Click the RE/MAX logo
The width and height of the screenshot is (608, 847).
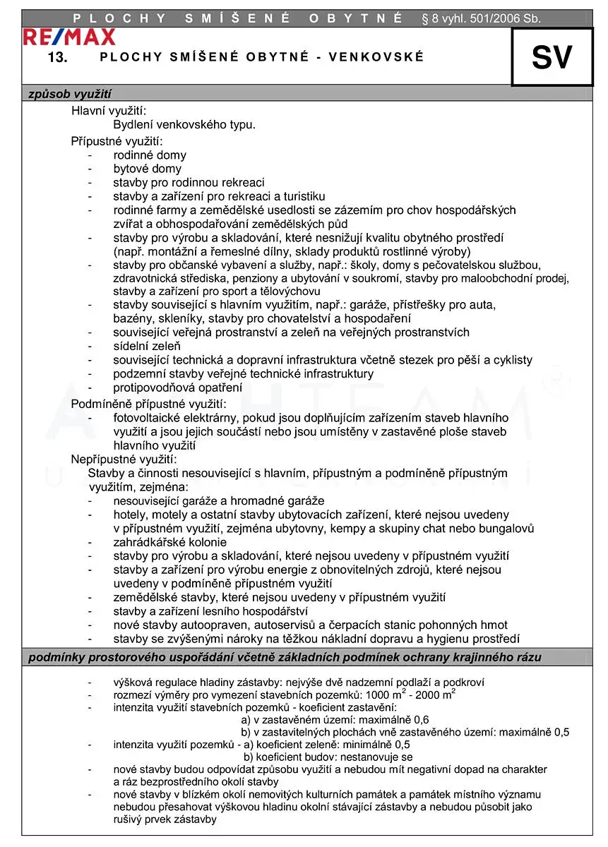(x=68, y=37)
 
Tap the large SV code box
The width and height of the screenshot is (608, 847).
(x=552, y=57)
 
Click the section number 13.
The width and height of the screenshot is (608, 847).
(x=57, y=58)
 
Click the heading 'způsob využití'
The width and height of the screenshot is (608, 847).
(x=70, y=94)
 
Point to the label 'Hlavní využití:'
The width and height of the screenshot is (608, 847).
(x=109, y=111)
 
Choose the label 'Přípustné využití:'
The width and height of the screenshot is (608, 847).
(x=117, y=140)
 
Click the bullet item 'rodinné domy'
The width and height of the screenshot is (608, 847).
(x=150, y=155)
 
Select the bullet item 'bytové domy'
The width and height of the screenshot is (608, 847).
(x=147, y=169)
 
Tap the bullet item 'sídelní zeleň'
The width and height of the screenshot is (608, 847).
(x=147, y=346)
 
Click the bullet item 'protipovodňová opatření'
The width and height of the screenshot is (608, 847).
(x=177, y=388)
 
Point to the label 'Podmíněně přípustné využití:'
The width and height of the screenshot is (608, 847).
(x=148, y=403)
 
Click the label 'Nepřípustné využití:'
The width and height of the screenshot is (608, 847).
(x=124, y=459)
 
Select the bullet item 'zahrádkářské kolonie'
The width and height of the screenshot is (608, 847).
(x=169, y=542)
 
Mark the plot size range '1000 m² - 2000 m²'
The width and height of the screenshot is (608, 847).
(x=410, y=695)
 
